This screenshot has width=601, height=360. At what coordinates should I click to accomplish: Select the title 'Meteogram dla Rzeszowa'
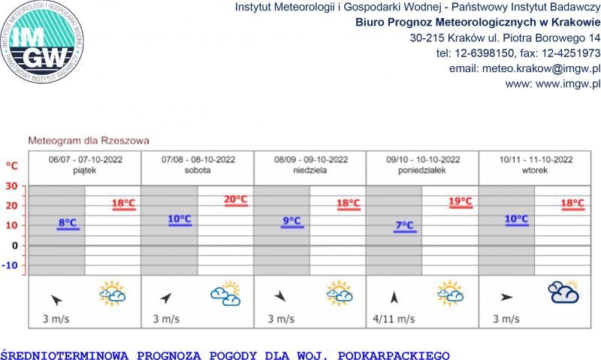coord(88,140)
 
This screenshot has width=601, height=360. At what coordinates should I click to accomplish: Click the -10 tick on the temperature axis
coord(11,265)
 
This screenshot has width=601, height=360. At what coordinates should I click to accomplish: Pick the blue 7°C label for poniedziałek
coord(404,225)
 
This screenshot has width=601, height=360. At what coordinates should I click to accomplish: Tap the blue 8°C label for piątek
coord(68,223)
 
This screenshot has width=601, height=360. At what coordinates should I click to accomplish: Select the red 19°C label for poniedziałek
coord(461,202)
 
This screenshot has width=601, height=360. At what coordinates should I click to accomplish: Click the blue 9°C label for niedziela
coord(291,221)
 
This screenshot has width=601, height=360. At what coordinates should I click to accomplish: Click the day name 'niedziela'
coord(310,171)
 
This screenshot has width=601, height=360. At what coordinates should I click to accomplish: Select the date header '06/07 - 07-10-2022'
coord(85,160)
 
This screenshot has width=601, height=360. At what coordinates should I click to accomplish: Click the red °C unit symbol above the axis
coord(12,165)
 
